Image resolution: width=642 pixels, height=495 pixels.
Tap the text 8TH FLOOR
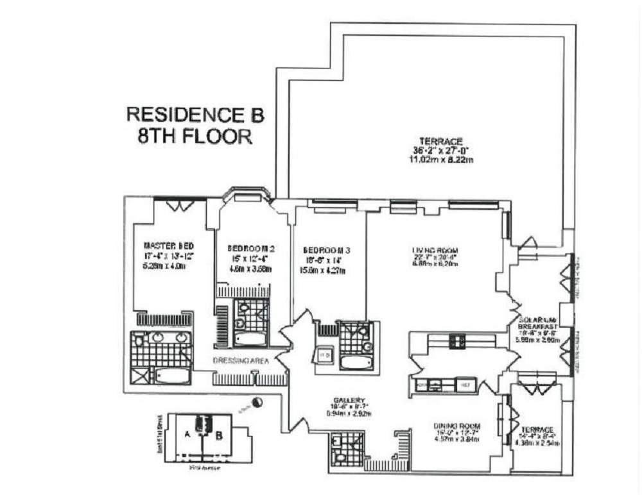pos(194,137)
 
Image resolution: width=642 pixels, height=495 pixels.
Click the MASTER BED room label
pos(168,246)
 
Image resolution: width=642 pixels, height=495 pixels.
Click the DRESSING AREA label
pos(241,361)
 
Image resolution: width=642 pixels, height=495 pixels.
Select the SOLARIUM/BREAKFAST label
pos(537,323)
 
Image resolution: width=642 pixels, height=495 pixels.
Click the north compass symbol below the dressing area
pos(257,402)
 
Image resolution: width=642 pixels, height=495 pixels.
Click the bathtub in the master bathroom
pos(172,375)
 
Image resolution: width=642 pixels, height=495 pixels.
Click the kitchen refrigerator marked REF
pos(464,385)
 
